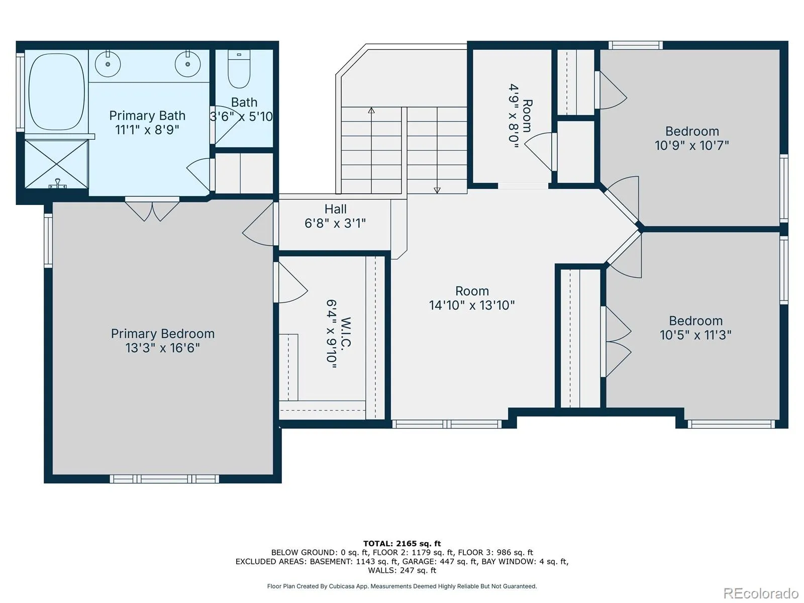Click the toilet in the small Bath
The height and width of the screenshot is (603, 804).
pos(239,69)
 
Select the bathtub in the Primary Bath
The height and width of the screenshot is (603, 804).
pos(56,92)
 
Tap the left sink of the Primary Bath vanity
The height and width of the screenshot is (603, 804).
pos(108,64)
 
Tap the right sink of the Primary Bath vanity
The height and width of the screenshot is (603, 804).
pos(187,64)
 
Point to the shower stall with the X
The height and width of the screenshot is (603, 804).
pos(56,164)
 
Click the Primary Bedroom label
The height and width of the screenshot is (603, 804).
pos(163,334)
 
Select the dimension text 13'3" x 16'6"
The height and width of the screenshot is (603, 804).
pos(163,348)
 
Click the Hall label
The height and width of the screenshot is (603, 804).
pos(335,209)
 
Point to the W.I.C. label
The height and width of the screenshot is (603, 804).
pos(346,332)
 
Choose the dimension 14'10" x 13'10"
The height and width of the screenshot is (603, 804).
pos(472,305)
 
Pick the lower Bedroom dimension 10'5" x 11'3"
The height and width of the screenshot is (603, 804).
pos(695,335)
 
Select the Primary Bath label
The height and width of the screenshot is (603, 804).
pos(147,116)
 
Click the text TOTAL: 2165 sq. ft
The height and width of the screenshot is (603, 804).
pos(402,544)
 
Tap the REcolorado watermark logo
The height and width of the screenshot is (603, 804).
pos(761,593)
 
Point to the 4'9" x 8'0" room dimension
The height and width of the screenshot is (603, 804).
pos(514,116)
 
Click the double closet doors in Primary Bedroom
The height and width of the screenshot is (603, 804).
pos(152,210)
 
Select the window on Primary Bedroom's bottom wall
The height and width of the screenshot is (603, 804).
pos(164,479)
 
